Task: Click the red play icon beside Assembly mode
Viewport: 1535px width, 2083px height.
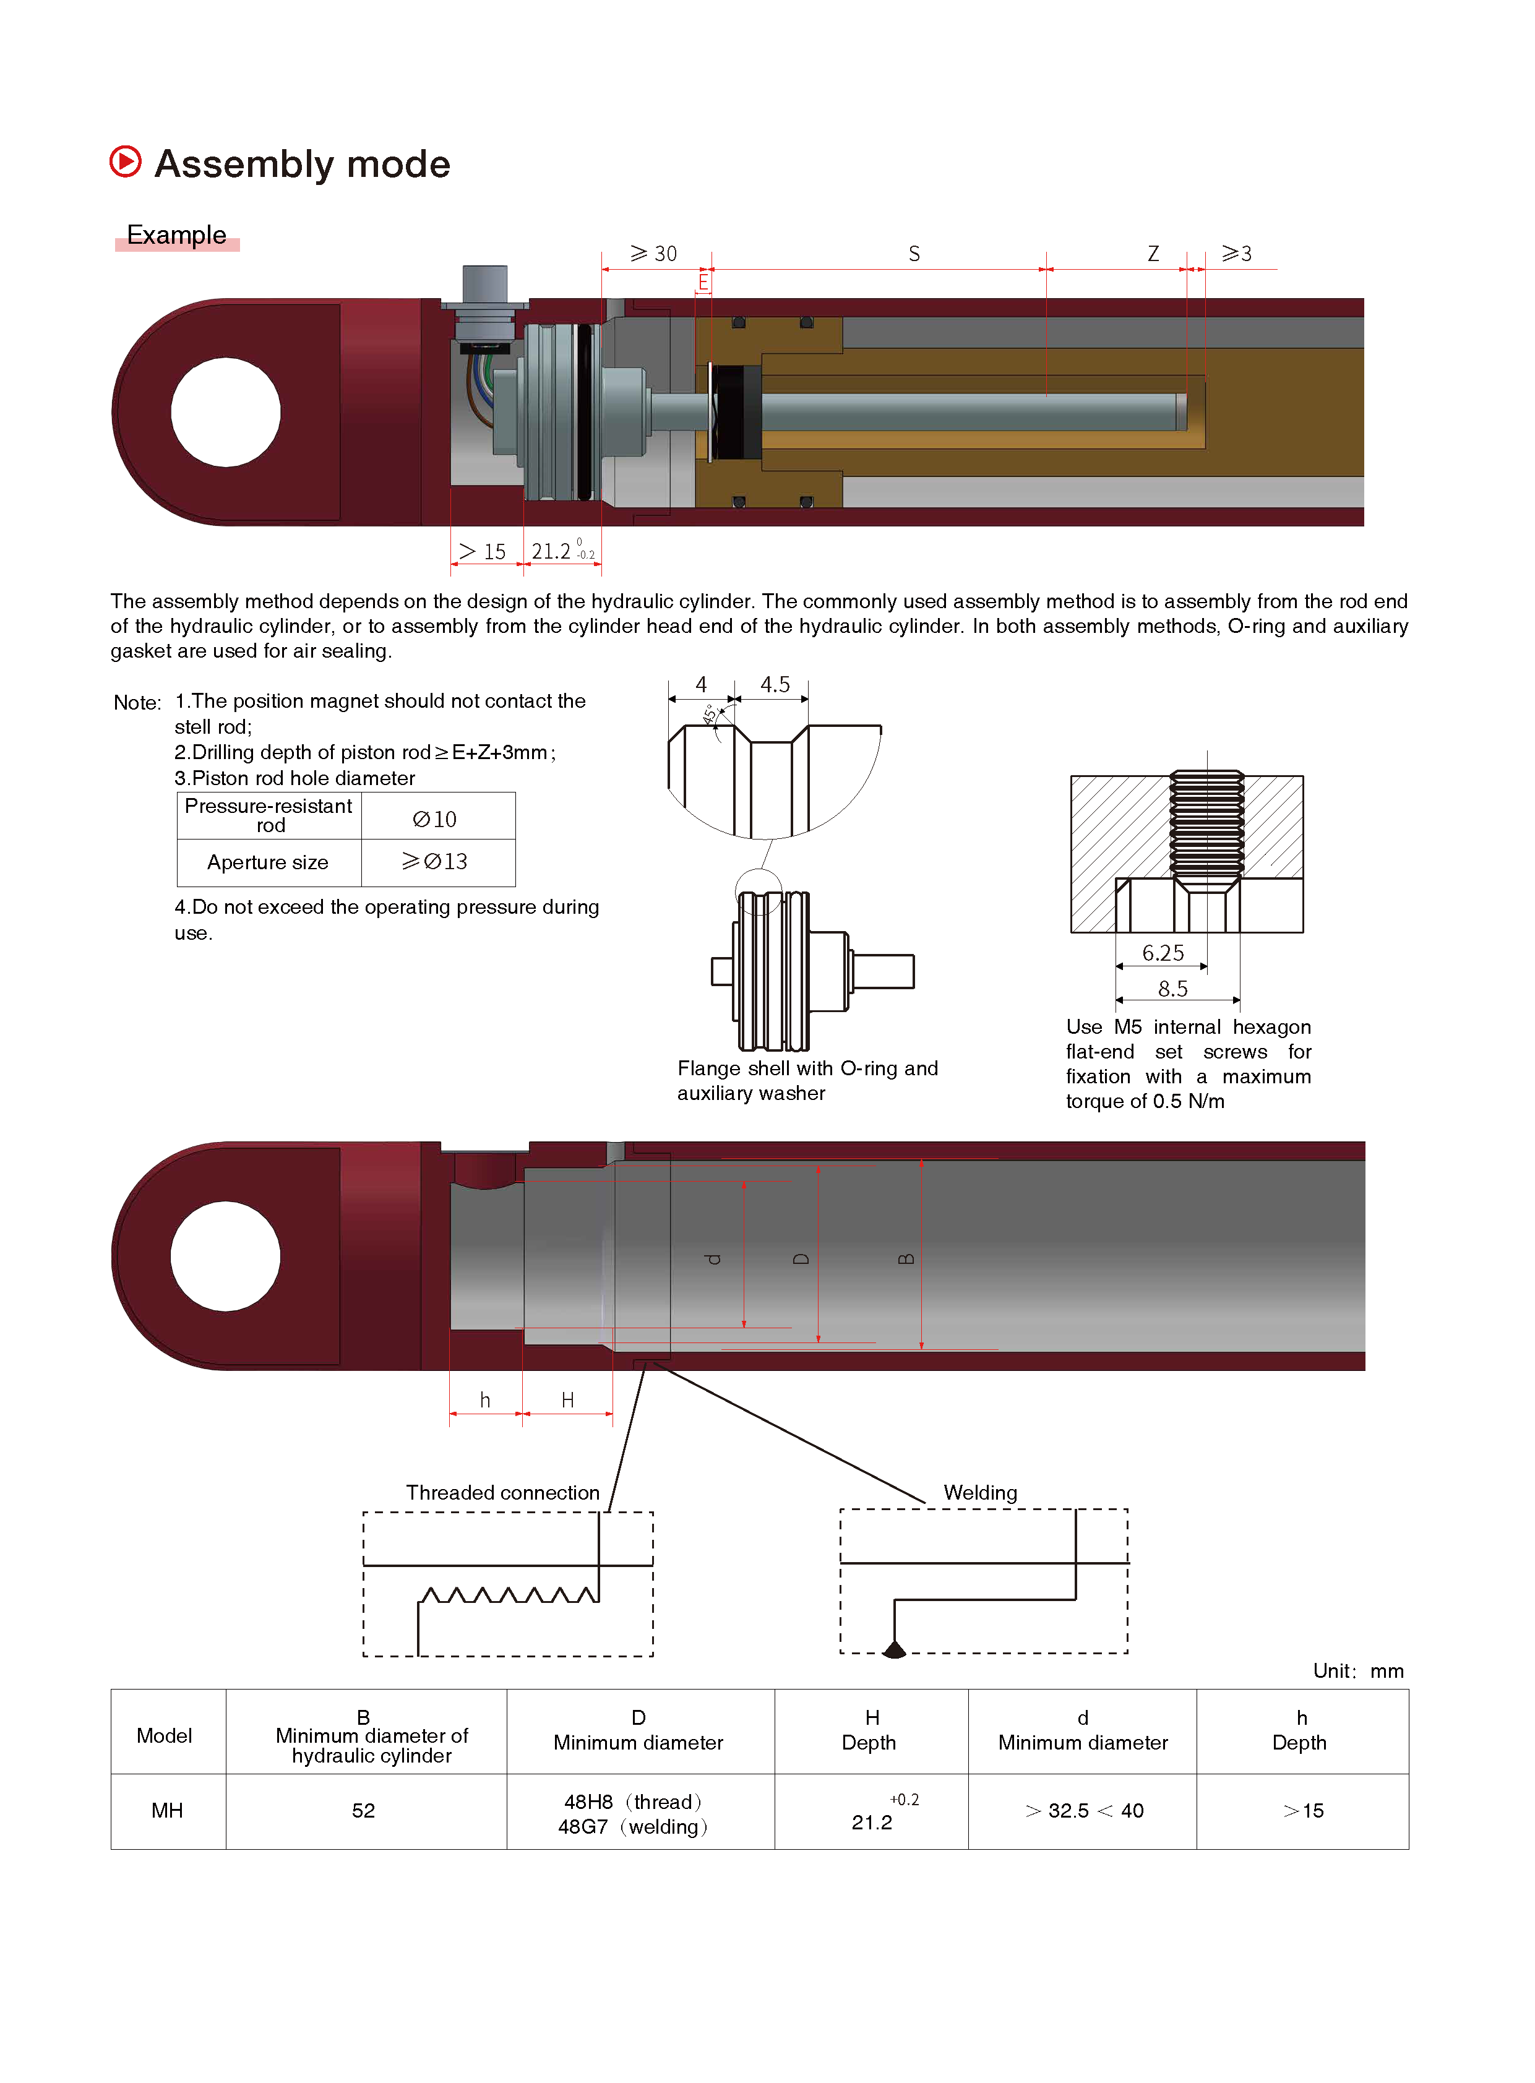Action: pos(126,161)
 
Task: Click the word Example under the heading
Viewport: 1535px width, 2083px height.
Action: pos(176,235)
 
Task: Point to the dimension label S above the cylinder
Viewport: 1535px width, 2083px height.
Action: pos(914,254)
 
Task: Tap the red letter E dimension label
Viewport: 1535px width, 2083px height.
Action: pos(703,281)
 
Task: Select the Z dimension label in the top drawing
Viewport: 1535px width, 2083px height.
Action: pos(1153,254)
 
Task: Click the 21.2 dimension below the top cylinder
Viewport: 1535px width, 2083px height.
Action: pos(552,552)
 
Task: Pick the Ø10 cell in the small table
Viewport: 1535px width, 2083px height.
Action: pos(435,818)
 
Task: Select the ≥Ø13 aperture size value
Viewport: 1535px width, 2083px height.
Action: pos(435,861)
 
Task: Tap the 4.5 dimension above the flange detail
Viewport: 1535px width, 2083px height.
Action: pos(775,685)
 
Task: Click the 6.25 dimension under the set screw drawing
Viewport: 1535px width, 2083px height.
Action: pos(1163,952)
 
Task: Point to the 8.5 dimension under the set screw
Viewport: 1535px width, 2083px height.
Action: pos(1172,989)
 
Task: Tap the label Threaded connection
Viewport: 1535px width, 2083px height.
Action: pos(502,1492)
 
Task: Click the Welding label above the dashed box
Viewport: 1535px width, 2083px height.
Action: pos(980,1492)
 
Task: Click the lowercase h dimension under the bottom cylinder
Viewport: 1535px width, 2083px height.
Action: pos(485,1400)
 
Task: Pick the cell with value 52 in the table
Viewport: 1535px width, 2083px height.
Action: pos(363,1810)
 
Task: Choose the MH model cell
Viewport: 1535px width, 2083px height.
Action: pos(167,1810)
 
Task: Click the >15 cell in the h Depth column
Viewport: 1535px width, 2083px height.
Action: pos(1303,1810)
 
